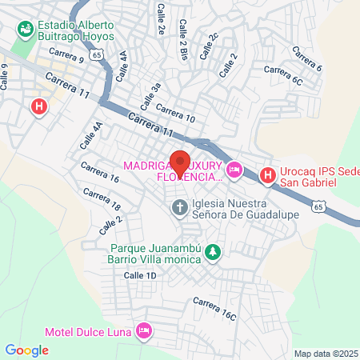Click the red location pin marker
pyautogui.click(x=180, y=162)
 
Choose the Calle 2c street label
pyautogui.click(x=208, y=46)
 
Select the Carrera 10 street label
pyautogui.click(x=175, y=113)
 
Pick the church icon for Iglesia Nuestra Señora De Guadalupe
pyautogui.click(x=181, y=209)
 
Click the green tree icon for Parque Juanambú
pyautogui.click(x=212, y=253)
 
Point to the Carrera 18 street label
pyautogui.click(x=101, y=198)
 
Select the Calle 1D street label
pyautogui.click(x=139, y=274)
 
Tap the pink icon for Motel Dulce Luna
pyautogui.click(x=144, y=330)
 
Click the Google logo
pyautogui.click(x=26, y=350)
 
